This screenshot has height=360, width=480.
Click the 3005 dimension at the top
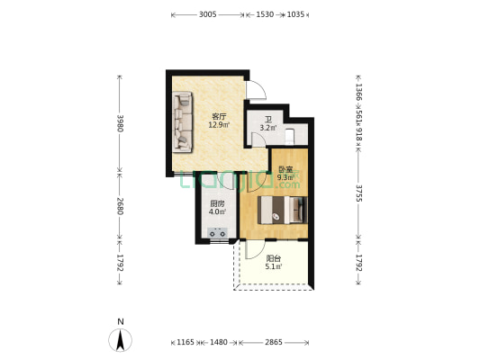[208, 14]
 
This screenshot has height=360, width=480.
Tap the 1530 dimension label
[265, 14]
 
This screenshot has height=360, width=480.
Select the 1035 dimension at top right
[295, 14]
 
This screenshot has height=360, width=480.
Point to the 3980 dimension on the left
[120, 123]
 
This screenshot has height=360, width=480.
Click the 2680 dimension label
[120, 206]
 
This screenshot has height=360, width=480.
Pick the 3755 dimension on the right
[358, 193]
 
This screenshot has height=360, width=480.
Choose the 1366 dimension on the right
[358, 93]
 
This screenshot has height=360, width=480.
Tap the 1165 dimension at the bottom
[186, 342]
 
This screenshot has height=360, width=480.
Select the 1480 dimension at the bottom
[219, 342]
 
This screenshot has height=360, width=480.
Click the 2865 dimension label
[274, 342]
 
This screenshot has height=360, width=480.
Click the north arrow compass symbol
[121, 340]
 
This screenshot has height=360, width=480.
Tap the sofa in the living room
[183, 122]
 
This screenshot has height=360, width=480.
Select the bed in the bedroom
[282, 210]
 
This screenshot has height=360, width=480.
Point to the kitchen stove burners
[218, 233]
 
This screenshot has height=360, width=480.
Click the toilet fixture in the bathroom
[289, 137]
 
